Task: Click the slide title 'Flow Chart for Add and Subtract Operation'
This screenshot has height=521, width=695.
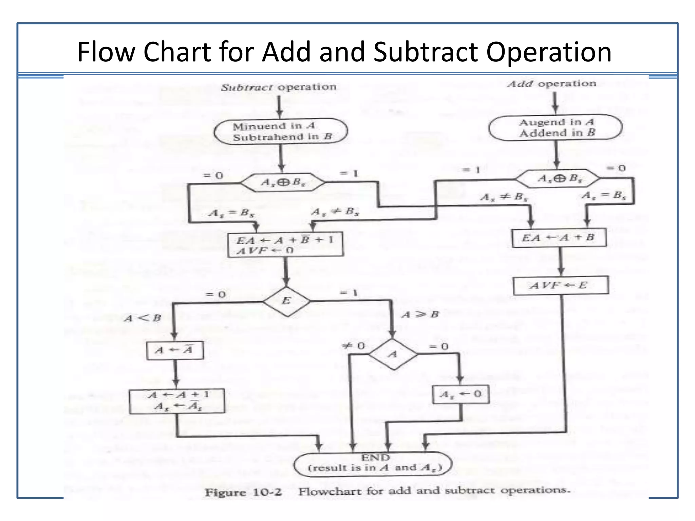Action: (x=344, y=52)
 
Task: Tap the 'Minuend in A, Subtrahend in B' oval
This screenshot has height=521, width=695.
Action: (x=281, y=131)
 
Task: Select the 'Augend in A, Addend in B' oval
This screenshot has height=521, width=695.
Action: (x=556, y=128)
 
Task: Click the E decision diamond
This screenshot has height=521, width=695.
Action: (x=286, y=301)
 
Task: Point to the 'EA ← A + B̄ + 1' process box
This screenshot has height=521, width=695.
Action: (x=285, y=245)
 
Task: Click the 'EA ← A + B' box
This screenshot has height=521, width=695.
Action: (x=559, y=238)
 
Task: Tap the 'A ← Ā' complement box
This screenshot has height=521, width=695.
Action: (x=175, y=350)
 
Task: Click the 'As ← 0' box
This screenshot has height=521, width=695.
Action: (x=461, y=394)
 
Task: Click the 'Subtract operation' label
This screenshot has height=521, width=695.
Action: (x=279, y=88)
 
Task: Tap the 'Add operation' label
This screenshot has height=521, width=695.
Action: (x=552, y=84)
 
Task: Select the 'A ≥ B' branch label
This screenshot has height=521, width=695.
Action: (x=420, y=314)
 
